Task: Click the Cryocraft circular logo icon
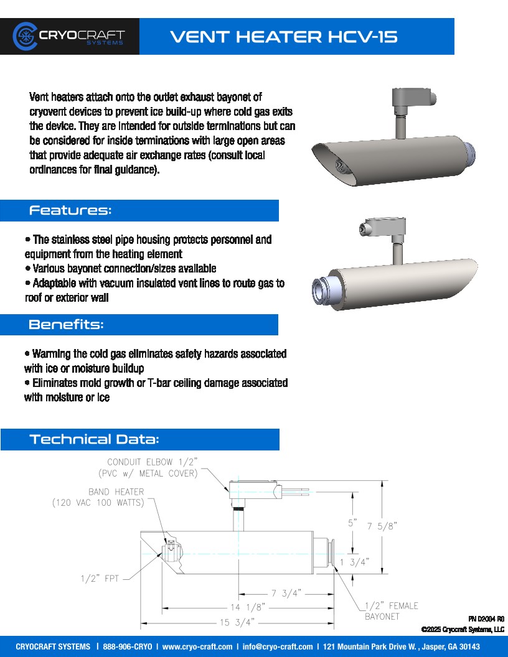click(x=25, y=36)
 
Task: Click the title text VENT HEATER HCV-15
click(x=284, y=37)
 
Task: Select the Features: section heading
click(x=70, y=210)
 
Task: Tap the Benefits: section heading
click(x=66, y=325)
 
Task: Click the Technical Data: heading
click(x=94, y=439)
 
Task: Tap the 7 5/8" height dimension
click(x=382, y=526)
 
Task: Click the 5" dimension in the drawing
click(x=352, y=523)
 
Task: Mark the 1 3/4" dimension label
click(x=354, y=562)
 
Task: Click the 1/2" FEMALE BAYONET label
click(x=391, y=611)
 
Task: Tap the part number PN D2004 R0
click(x=486, y=619)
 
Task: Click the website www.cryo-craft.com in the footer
click(x=197, y=647)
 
